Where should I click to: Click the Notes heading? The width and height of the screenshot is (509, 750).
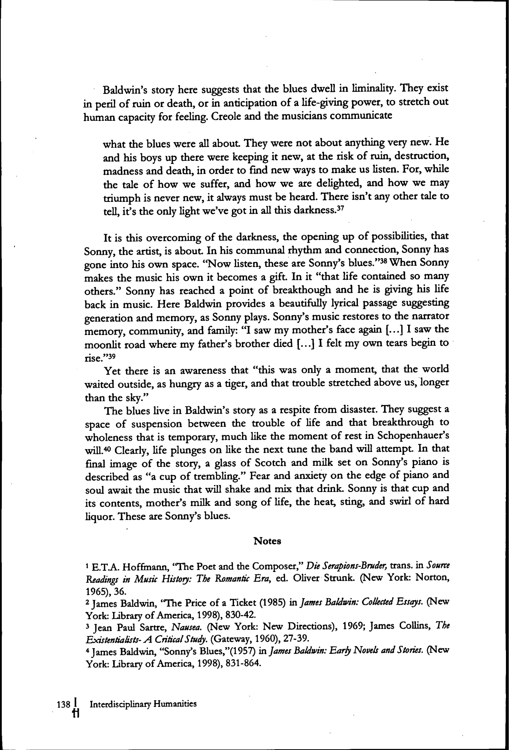pos(267,541)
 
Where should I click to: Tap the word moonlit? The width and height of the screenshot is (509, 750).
pos(101,343)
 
